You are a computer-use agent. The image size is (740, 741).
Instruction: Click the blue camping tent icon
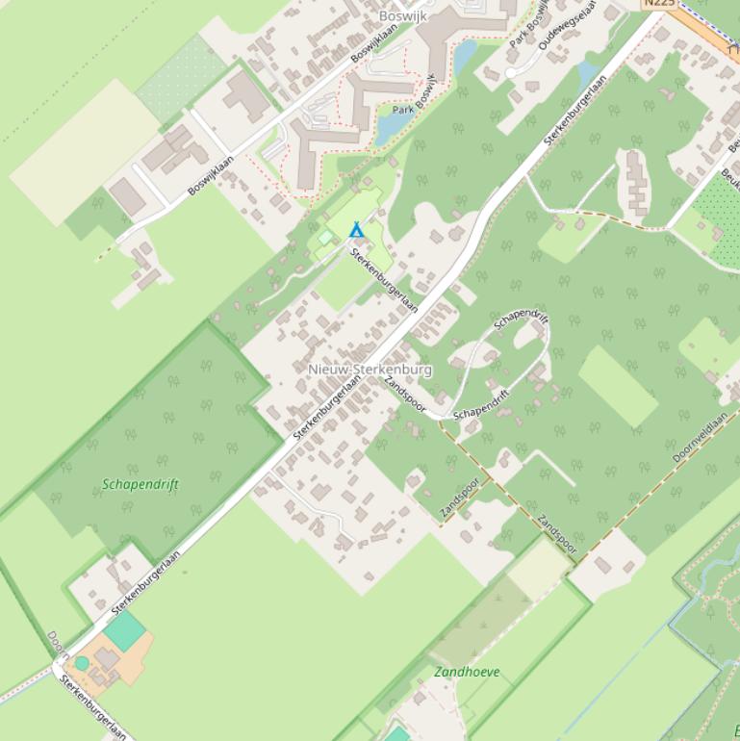point(356,230)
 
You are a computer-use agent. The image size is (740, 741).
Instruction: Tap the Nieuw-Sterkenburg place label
point(370,370)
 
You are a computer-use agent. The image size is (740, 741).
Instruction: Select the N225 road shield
point(660,3)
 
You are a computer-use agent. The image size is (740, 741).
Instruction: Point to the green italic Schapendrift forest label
point(140,484)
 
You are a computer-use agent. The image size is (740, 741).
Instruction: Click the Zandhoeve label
point(467,672)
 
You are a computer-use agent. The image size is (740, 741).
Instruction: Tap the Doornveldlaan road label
point(700,439)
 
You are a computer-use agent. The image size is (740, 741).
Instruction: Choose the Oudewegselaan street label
point(569,28)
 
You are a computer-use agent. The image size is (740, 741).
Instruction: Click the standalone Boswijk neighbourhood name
point(402,16)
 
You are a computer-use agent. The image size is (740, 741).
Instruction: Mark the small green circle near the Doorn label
point(82,663)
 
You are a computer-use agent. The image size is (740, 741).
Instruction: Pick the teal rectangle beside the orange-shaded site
point(125,631)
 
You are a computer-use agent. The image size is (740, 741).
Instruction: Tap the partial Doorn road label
point(56,643)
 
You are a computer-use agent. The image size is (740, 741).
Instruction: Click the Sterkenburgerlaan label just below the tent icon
point(384,280)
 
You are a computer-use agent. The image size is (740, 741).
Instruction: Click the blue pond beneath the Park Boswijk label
point(392,125)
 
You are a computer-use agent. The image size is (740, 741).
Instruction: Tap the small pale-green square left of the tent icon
point(325,236)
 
